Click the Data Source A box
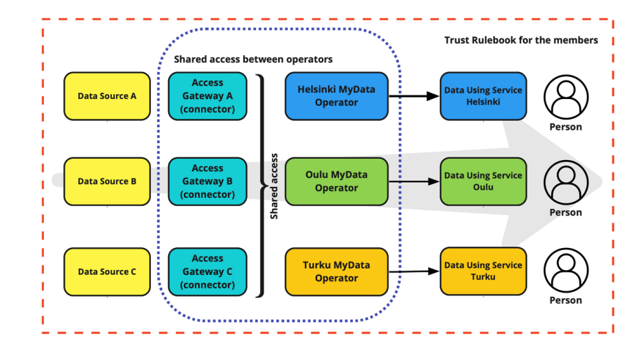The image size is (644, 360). [x=107, y=96]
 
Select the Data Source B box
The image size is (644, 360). [x=107, y=181]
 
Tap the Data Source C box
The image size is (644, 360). [x=107, y=271]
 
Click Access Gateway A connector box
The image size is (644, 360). [x=207, y=96]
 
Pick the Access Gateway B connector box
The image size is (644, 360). [x=207, y=181]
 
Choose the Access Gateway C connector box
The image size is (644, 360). [x=207, y=271]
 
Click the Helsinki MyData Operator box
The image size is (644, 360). [x=336, y=96]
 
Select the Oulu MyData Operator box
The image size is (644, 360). [x=336, y=181]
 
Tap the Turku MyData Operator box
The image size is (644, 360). [x=336, y=271]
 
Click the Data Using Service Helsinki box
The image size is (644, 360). [x=483, y=96]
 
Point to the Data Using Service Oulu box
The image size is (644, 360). [x=483, y=181]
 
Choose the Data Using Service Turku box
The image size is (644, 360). [x=483, y=271]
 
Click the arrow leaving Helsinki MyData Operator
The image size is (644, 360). [x=414, y=96]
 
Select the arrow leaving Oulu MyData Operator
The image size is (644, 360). [x=414, y=181]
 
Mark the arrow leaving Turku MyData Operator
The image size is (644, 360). [x=414, y=271]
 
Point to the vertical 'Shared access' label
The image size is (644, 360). [x=274, y=186]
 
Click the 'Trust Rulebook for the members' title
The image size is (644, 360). [x=521, y=41]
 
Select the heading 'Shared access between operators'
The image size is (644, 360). [x=253, y=59]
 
